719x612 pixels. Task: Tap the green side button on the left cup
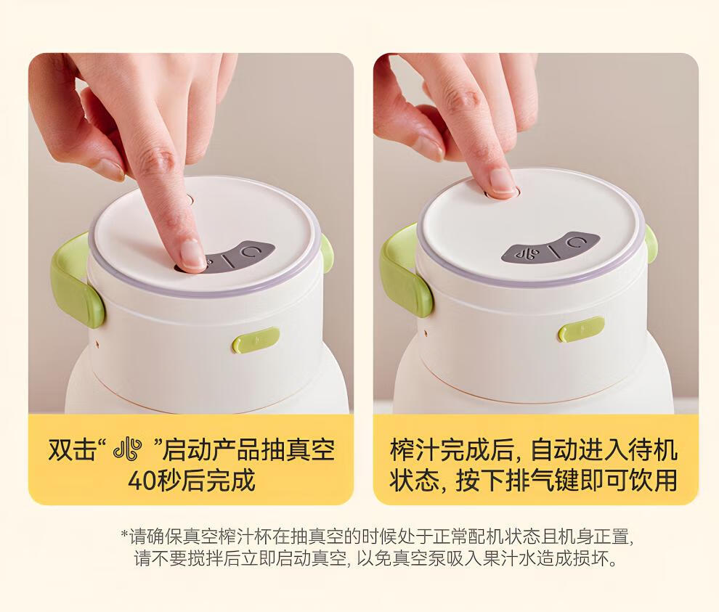[x=256, y=340]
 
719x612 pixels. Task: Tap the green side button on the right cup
[x=581, y=329]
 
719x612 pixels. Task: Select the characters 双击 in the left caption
[x=73, y=449]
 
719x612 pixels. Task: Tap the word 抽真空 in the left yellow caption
[x=298, y=449]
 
